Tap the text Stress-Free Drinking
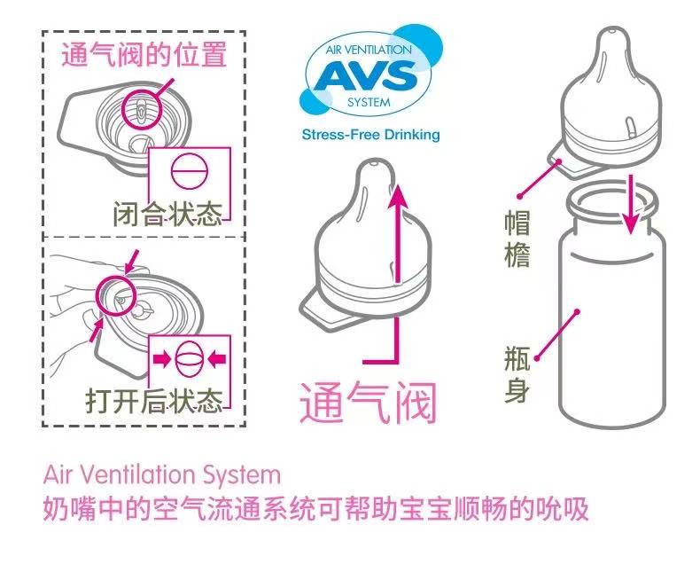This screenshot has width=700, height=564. [x=370, y=136]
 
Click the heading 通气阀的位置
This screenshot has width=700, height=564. [x=144, y=55]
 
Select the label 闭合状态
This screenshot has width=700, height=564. [x=167, y=215]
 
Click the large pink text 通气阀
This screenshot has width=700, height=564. [x=367, y=404]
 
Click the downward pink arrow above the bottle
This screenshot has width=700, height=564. [x=630, y=205]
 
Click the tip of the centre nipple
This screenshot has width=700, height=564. [x=373, y=165]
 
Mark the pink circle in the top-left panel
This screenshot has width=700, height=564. [x=143, y=107]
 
